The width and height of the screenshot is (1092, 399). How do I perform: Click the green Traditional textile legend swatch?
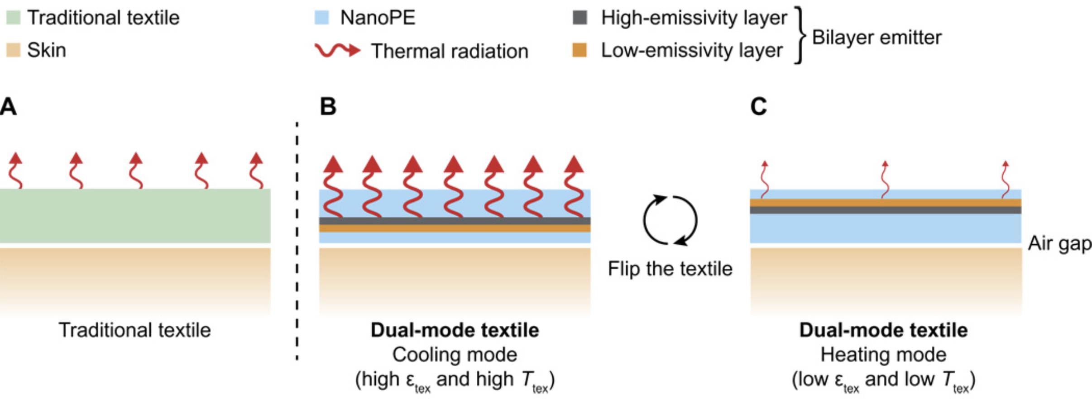pos(13,18)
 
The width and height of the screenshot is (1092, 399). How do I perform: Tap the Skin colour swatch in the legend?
pos(13,50)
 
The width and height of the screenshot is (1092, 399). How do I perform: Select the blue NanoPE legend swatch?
pos(321,18)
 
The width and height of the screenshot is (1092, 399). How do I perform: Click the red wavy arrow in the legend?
pos(337,50)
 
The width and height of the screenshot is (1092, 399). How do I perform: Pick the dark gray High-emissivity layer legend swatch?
pos(580,18)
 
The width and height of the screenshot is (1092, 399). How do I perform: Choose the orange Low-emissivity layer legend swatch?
pos(580,50)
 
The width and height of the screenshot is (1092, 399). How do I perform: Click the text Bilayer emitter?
pos(876,37)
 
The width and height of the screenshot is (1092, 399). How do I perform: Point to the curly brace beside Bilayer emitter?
pos(800,35)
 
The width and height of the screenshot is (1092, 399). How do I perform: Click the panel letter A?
pos(8,107)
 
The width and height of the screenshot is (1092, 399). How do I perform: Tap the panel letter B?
pos(328,107)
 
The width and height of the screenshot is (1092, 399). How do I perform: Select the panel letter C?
pos(758,107)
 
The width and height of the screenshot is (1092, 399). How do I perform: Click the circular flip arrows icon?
pos(670,220)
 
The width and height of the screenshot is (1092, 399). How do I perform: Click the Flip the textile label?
pos(670,269)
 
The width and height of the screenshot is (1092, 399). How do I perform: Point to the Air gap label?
pos(1059,243)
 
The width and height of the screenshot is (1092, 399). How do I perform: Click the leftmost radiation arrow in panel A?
pos(16,171)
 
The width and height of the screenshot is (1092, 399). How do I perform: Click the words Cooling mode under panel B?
pos(455,355)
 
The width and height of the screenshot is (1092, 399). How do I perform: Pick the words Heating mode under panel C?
pos(883,355)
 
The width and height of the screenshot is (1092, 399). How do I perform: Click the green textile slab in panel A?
pos(135,216)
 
